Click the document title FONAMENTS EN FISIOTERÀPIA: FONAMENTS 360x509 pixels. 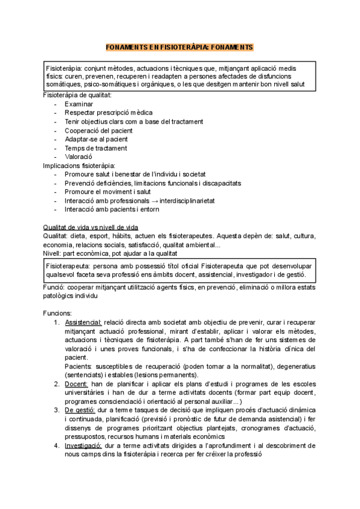point(180,47)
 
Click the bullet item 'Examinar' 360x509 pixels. point(78,104)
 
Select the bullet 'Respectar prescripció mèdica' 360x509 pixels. point(108,113)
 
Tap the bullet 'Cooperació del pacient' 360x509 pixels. point(98,130)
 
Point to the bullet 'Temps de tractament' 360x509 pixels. point(95,148)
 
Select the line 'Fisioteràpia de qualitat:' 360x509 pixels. point(77,95)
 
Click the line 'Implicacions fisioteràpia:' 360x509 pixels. point(79,166)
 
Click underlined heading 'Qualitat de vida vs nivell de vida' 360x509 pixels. point(90,227)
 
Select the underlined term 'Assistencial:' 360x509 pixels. point(83,322)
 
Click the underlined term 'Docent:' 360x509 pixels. point(76,384)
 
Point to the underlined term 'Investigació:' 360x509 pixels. point(83,446)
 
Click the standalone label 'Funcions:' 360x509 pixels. point(57,313)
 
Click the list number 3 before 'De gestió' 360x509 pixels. point(56,411)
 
